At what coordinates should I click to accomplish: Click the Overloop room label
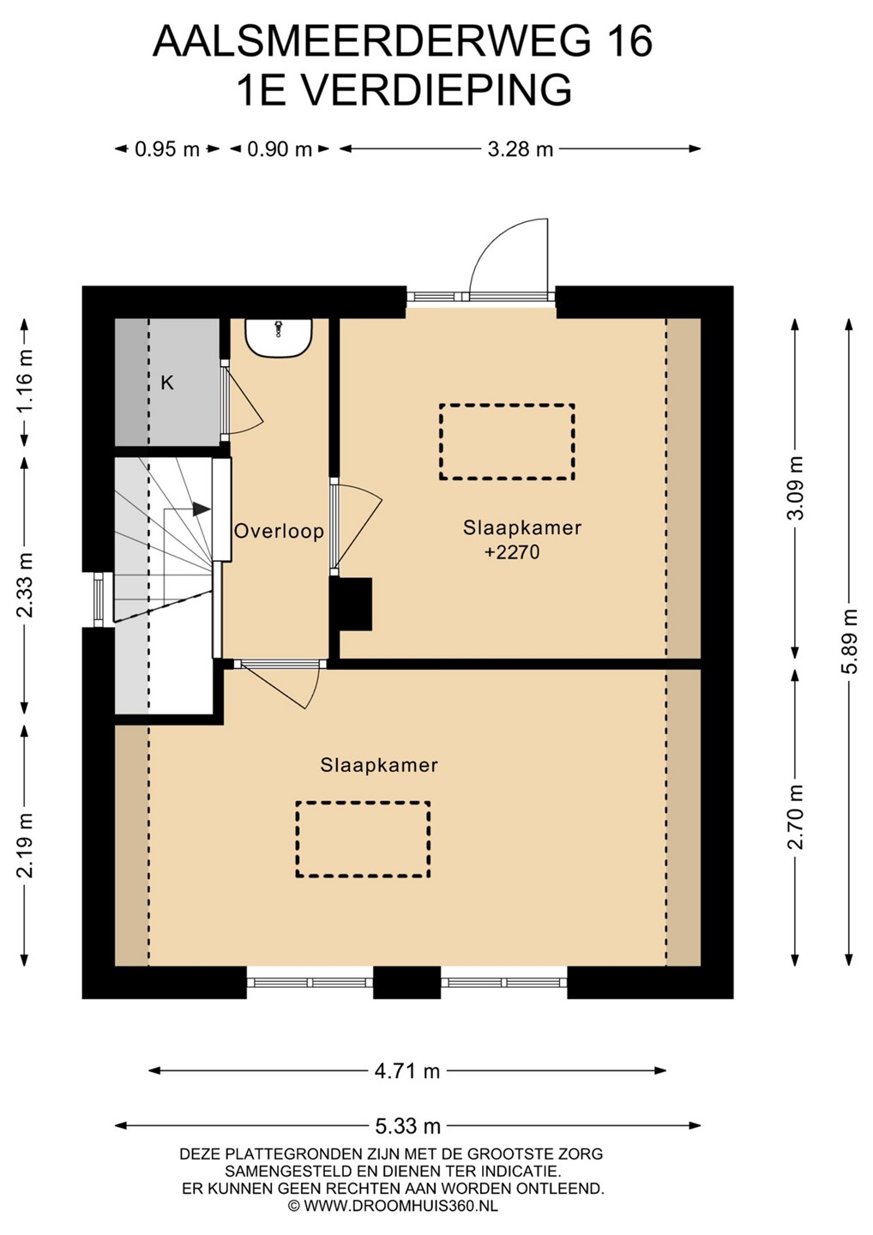tap(279, 532)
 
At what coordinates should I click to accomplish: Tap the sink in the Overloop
tap(279, 337)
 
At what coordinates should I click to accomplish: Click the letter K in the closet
tap(167, 383)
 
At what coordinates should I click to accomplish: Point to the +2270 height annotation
tap(512, 552)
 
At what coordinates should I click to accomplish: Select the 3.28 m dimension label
tap(521, 149)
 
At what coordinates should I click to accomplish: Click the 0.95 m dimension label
tap(167, 149)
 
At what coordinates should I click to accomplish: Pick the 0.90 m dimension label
tap(280, 149)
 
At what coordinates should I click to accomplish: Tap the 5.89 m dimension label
tap(851, 642)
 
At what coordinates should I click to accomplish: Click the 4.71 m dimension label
tap(407, 1071)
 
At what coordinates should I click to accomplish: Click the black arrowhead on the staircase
tap(202, 509)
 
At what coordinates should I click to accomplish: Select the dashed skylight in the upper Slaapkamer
tap(507, 442)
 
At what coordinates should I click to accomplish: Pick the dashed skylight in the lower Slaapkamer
tap(364, 839)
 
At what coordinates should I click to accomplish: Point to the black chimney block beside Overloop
tap(351, 604)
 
